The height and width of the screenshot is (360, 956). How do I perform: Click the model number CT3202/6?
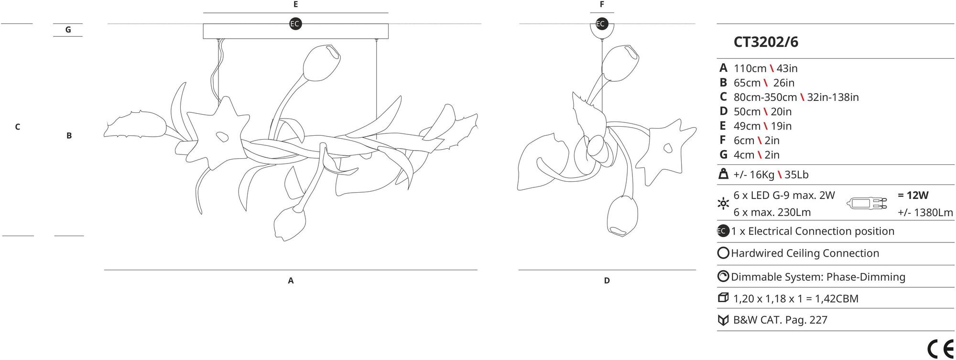click(x=766, y=42)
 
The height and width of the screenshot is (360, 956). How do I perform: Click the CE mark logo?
click(x=940, y=349)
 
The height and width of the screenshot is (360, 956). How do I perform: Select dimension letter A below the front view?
click(x=291, y=281)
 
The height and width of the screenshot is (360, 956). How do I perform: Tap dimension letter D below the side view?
click(x=607, y=281)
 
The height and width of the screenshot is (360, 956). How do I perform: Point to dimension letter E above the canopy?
click(x=295, y=4)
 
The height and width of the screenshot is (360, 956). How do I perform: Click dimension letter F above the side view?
click(x=602, y=4)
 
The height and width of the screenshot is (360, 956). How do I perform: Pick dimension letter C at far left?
click(x=18, y=127)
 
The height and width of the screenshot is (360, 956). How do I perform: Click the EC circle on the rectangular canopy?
click(x=295, y=24)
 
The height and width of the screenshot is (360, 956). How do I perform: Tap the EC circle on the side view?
click(x=601, y=24)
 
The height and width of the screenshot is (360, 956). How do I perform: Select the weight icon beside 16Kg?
click(x=723, y=174)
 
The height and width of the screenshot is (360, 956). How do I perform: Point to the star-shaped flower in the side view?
click(x=666, y=148)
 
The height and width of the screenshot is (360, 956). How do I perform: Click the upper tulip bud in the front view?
click(x=321, y=63)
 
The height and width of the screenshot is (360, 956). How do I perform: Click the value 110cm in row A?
click(x=750, y=68)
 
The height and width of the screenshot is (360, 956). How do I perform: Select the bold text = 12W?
click(x=913, y=195)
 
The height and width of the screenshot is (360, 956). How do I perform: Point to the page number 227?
click(x=818, y=320)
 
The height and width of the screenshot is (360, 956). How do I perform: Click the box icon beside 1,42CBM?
click(x=723, y=298)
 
